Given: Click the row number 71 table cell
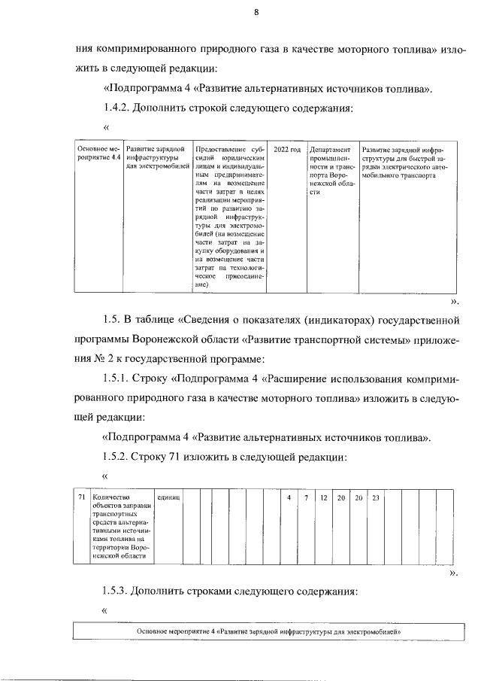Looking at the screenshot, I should coord(81,498).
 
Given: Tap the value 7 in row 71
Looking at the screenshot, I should coord(306,498).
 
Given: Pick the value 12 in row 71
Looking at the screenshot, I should coord(323,498).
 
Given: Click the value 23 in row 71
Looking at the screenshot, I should coord(377,498).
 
